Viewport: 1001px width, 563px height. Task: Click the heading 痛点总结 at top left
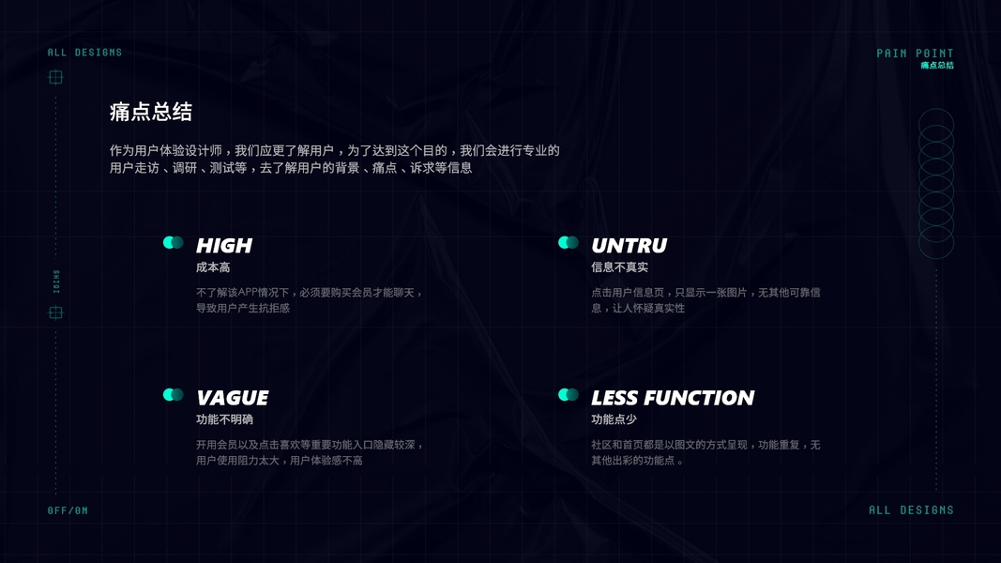[x=151, y=113]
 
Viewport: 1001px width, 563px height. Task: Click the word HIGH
[x=224, y=246]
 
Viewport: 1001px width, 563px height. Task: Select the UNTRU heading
[x=629, y=246]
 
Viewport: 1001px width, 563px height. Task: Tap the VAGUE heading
[x=232, y=398]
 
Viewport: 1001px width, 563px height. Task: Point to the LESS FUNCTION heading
[x=673, y=398]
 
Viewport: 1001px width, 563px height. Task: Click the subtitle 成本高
[x=213, y=267]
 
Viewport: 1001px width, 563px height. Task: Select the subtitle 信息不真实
[x=619, y=267]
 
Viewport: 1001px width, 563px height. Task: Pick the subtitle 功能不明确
[x=224, y=419]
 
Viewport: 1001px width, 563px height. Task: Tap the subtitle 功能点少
[x=614, y=419]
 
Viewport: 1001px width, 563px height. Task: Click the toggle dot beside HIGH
[x=173, y=242]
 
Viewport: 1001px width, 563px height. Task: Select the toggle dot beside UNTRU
[x=568, y=242]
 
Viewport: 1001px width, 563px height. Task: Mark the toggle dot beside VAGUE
[x=173, y=395]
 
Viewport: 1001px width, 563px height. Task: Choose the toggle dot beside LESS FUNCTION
[x=568, y=395]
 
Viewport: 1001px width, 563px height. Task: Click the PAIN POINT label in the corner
[x=915, y=53]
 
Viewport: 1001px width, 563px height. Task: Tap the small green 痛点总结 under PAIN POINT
[x=936, y=66]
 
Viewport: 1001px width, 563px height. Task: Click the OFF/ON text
[x=68, y=510]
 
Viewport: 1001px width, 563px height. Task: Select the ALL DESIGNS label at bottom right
[x=911, y=510]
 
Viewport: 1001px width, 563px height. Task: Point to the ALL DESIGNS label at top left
[x=84, y=53]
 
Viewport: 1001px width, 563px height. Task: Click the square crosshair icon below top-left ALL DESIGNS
[x=55, y=77]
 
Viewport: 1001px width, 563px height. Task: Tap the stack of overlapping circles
[x=935, y=183]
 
